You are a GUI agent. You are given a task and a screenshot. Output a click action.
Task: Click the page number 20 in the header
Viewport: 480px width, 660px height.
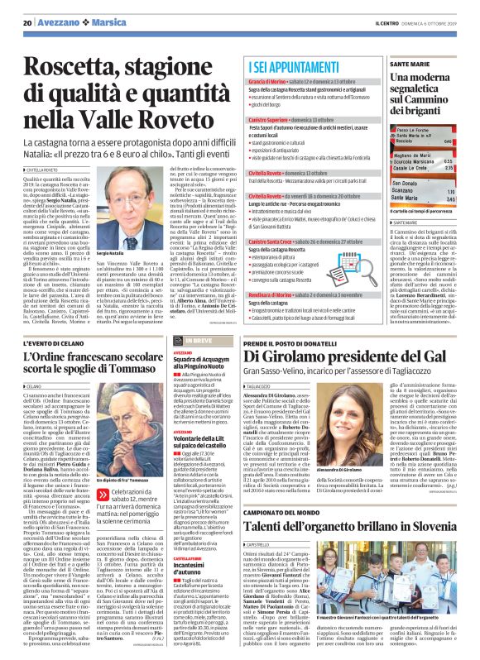coord(28,22)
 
